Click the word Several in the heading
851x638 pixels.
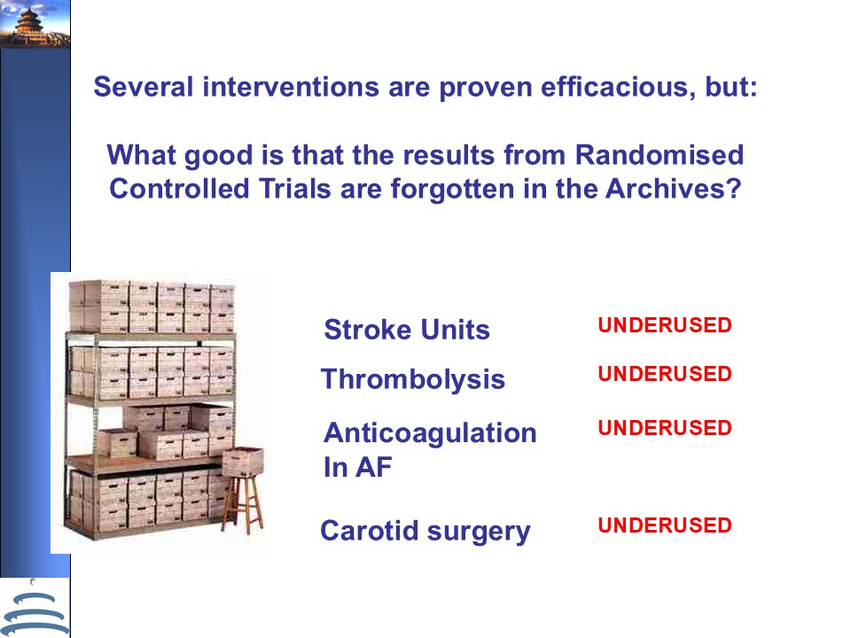pos(144,87)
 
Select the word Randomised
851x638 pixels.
pos(660,154)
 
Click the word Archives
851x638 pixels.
pos(673,188)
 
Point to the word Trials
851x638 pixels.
pos(294,188)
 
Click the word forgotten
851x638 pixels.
pos(453,190)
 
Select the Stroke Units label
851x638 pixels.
pos(407,330)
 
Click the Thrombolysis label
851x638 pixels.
pos(413,378)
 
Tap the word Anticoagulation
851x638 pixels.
pos(431,433)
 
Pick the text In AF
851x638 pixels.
pos(357,467)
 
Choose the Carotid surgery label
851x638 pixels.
pos(425,531)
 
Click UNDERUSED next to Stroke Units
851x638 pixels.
pos(665,325)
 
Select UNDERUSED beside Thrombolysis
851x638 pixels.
pos(665,374)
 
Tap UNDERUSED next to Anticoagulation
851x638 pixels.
pos(665,427)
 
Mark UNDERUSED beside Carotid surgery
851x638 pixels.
pos(665,525)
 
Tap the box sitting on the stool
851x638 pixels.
pos(243,461)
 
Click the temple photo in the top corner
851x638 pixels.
pos(35,24)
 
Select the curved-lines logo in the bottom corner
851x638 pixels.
pos(35,609)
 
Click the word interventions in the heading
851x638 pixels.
pos(291,87)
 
